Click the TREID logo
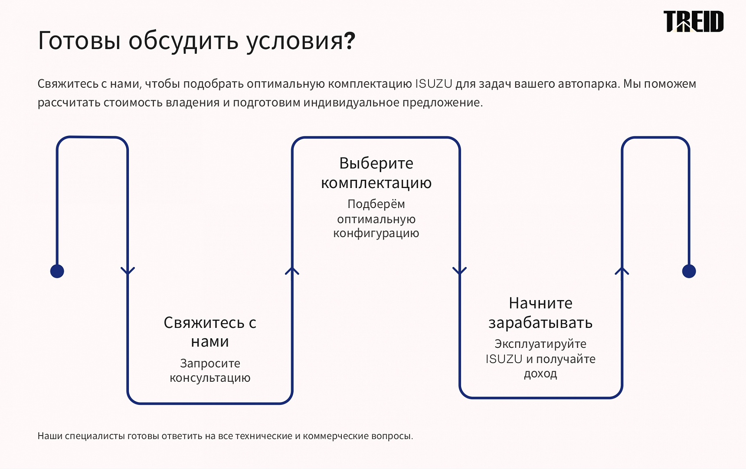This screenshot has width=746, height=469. pyautogui.click(x=694, y=22)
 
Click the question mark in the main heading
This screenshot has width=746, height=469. pyautogui.click(x=350, y=41)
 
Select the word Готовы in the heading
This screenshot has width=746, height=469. pyautogui.click(x=79, y=41)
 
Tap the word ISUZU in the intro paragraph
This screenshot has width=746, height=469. pyautogui.click(x=434, y=83)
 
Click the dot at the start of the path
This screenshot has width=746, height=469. pyautogui.click(x=57, y=271)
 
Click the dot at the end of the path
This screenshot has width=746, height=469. pyautogui.click(x=689, y=271)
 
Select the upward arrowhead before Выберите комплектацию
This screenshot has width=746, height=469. pyautogui.click(x=292, y=271)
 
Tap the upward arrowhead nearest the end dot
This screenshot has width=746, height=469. pyautogui.click(x=622, y=271)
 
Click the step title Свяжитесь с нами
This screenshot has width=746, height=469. pyautogui.click(x=210, y=332)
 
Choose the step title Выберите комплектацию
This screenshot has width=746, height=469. pyautogui.click(x=376, y=173)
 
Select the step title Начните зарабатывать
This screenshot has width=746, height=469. pyautogui.click(x=540, y=313)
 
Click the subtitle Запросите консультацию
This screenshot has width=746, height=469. pyautogui.click(x=210, y=370)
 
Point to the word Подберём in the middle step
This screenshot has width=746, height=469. pyautogui.click(x=376, y=204)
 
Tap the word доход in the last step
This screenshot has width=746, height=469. pyautogui.click(x=540, y=373)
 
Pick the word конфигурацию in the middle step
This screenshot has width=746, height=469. pyautogui.click(x=376, y=234)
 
